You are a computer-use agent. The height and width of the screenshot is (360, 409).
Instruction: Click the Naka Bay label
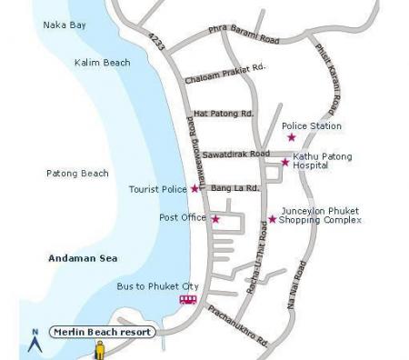tap(65, 25)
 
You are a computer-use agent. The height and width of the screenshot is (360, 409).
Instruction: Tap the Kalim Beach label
tap(102, 63)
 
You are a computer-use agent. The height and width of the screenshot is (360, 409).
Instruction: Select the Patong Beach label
tap(77, 173)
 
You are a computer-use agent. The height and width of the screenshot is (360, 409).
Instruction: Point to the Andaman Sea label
tap(83, 259)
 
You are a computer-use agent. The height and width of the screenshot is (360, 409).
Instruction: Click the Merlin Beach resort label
tap(102, 332)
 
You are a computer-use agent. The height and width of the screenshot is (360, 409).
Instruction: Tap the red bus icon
tap(188, 299)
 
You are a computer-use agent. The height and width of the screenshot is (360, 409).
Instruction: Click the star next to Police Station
tap(292, 137)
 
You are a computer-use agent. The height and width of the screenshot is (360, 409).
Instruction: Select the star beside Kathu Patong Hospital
tap(285, 162)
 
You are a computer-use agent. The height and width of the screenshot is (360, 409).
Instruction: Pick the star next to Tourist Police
tap(195, 189)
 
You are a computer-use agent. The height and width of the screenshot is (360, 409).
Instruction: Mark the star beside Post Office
tap(215, 219)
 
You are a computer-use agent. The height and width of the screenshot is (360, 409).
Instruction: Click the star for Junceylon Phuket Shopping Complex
tap(272, 218)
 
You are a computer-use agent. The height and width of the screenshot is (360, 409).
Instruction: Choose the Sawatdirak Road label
tap(235, 154)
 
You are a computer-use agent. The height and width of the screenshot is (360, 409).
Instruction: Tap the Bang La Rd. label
tap(235, 188)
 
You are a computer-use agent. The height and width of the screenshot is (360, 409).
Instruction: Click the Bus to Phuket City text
tap(157, 285)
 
